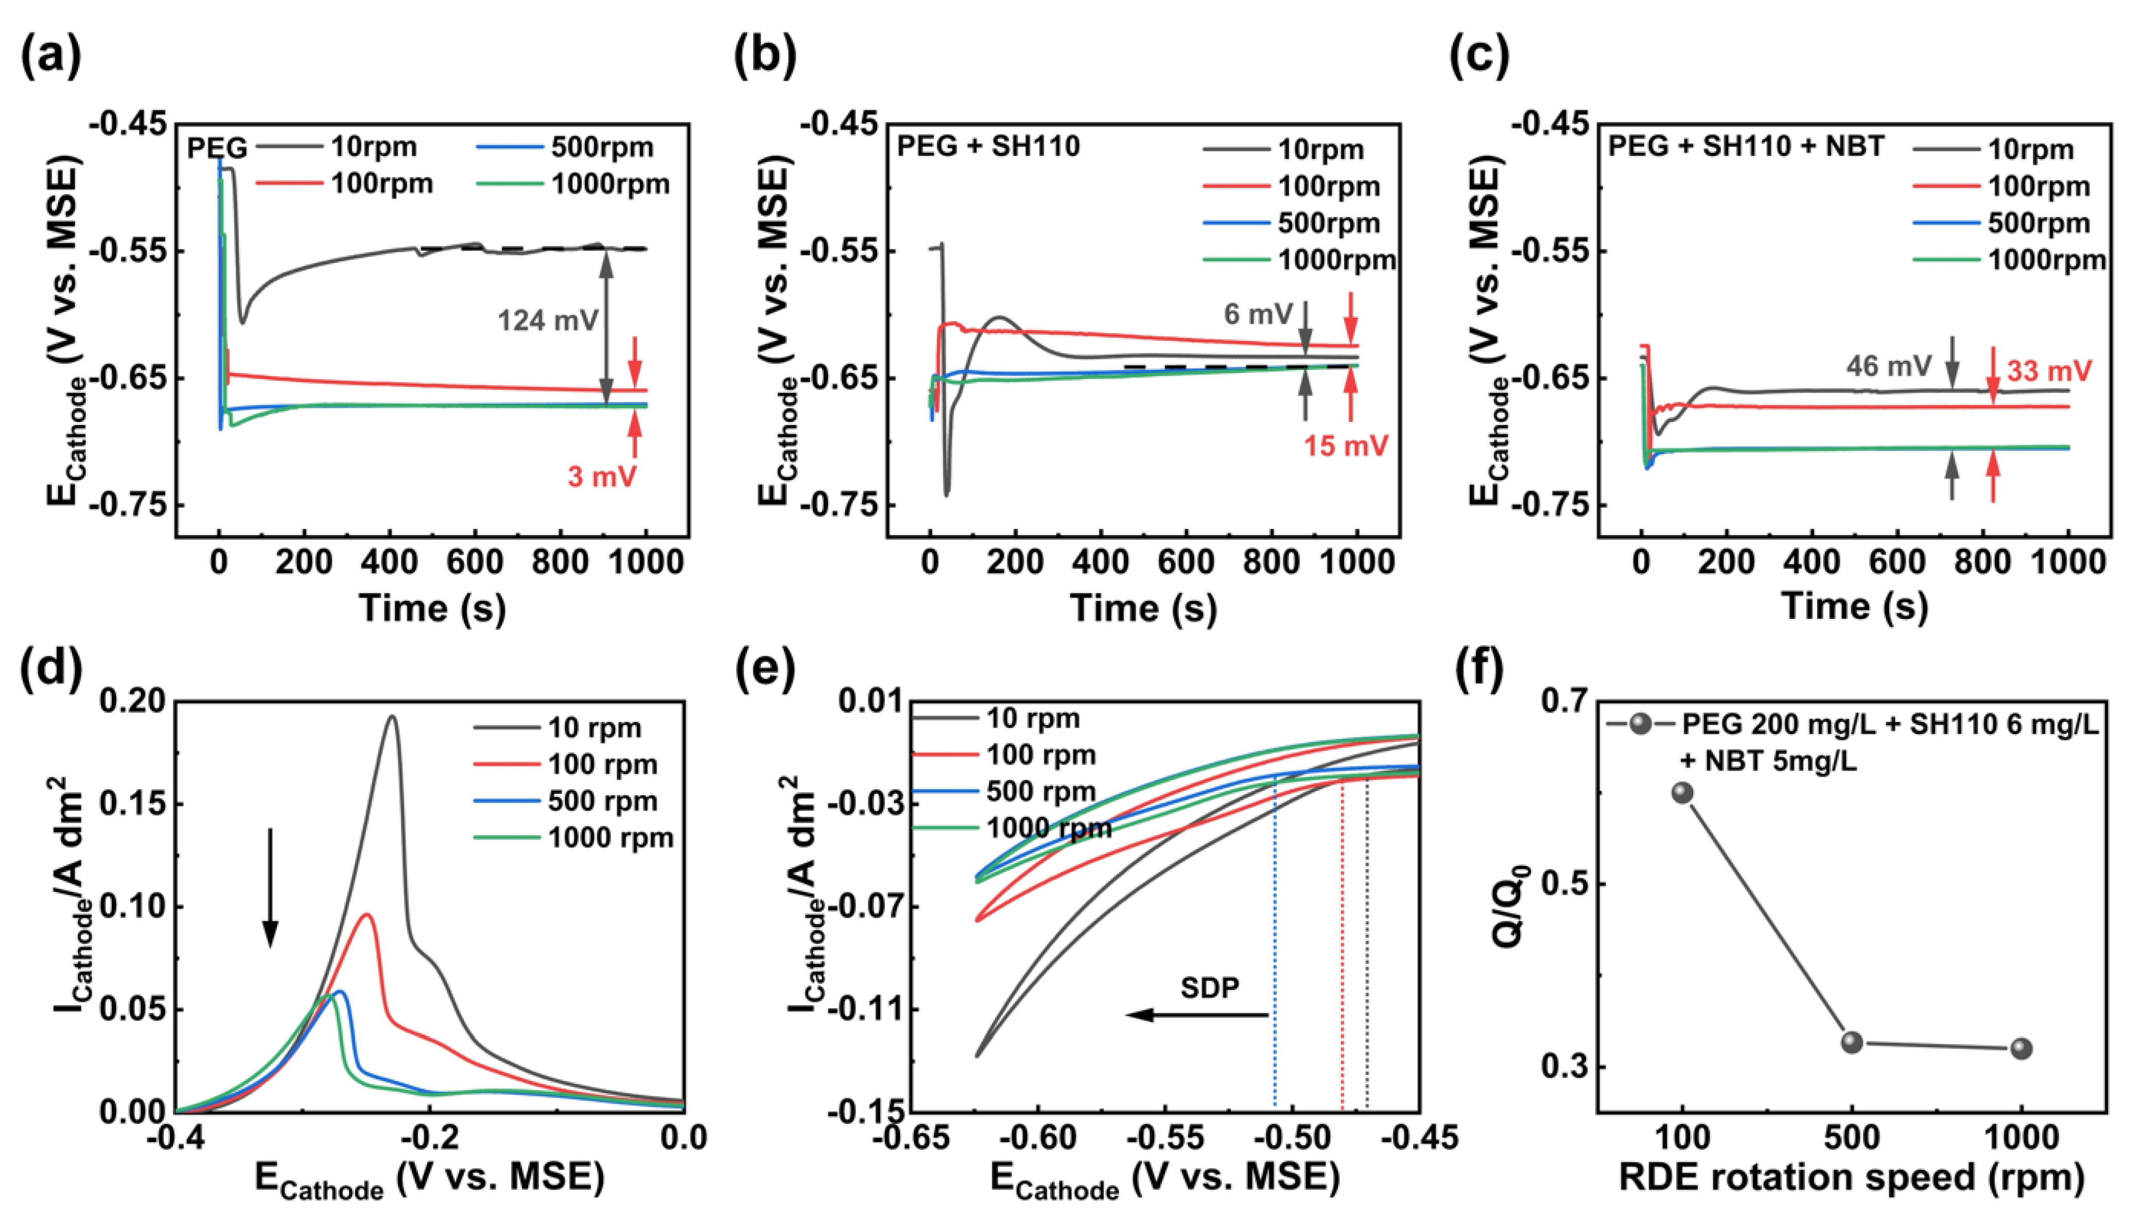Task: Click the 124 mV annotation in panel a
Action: (548, 321)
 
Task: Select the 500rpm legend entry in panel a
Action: (564, 147)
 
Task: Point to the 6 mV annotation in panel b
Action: (1258, 314)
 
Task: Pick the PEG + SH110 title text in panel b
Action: (988, 146)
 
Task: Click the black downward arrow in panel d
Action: (270, 888)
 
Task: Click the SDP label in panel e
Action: (1209, 988)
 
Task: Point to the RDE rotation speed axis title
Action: (1850, 1177)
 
